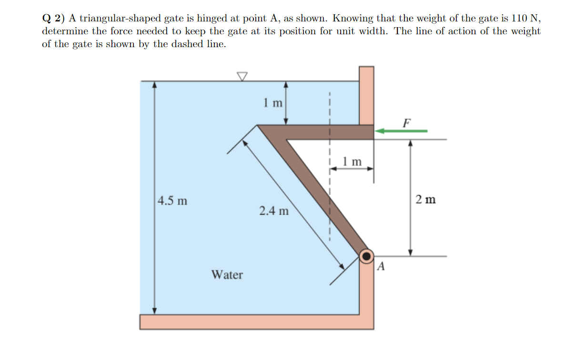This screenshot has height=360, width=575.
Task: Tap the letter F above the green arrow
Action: tap(406, 122)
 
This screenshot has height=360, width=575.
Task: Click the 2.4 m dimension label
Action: tap(274, 210)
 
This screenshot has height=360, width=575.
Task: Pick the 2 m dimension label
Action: tap(425, 199)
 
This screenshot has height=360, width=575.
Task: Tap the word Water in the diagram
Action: tap(227, 275)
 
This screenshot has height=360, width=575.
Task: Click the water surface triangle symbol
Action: tap(242, 76)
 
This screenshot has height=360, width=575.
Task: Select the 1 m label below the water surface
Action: tap(273, 102)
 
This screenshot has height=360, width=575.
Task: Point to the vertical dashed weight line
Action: tap(329, 190)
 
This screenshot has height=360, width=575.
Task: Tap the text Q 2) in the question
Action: tap(53, 19)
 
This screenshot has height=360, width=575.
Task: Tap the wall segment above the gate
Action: tap(366, 95)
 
